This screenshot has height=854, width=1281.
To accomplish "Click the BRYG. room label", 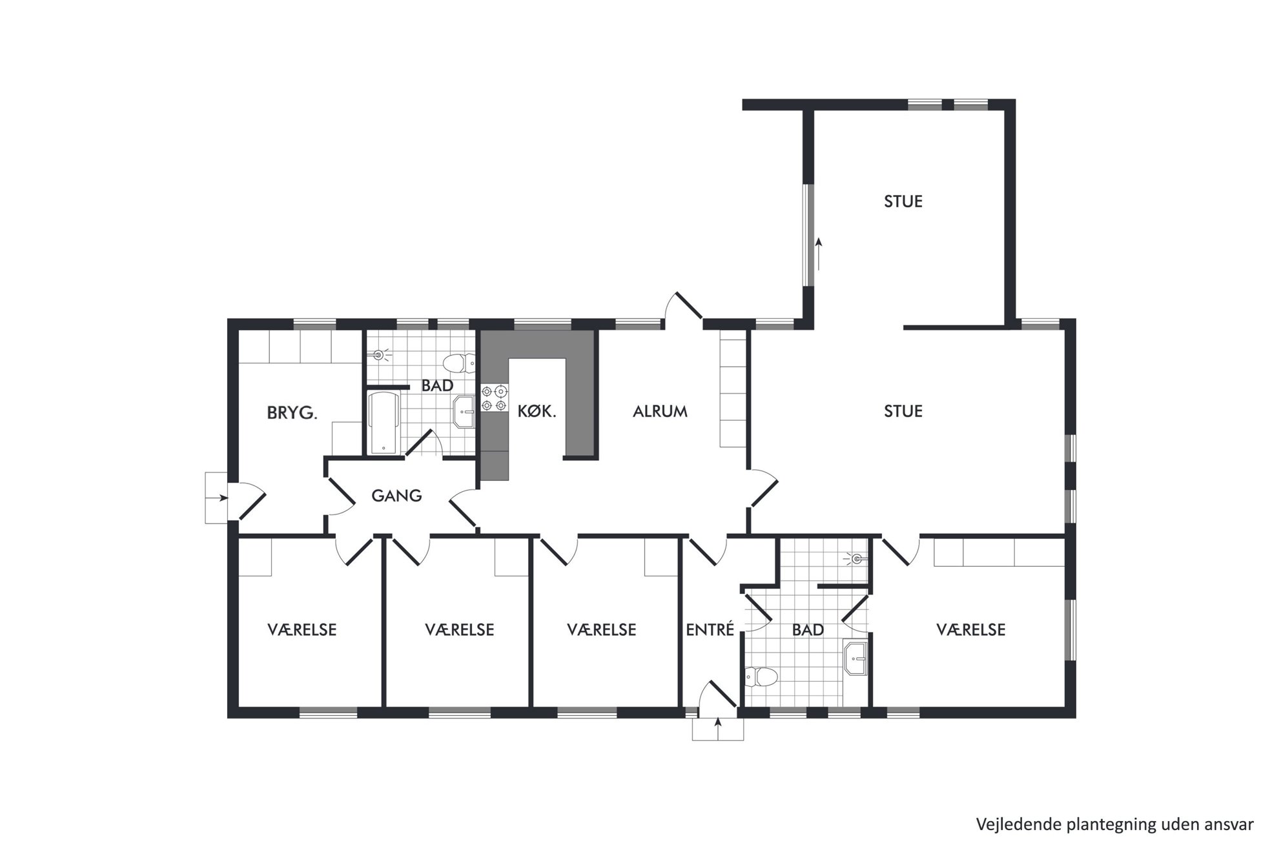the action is pos(292,413).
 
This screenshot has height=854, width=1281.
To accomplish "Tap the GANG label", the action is pos(396,496).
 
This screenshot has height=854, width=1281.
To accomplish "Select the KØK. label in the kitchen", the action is pos(537,411).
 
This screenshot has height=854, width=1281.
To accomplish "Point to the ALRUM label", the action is pos(660,411).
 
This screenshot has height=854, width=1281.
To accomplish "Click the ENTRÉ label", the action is pos(710,629).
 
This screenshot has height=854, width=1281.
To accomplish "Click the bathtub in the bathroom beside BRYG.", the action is pos(384,423).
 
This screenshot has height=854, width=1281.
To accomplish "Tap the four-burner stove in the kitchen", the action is pos(493,398).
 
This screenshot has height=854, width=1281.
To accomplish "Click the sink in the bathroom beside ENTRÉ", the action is pos(856,658).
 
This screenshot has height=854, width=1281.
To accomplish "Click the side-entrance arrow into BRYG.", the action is pos(218,498).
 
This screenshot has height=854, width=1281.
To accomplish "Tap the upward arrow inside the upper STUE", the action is pos(819,254).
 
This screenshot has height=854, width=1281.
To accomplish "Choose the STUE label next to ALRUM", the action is pos(903,411).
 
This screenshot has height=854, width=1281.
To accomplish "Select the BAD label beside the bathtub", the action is pos(437,386).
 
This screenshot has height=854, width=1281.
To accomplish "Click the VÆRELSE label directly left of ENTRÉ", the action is pos(602,629).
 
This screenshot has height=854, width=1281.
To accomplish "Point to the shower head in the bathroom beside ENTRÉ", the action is pos(856,559).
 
